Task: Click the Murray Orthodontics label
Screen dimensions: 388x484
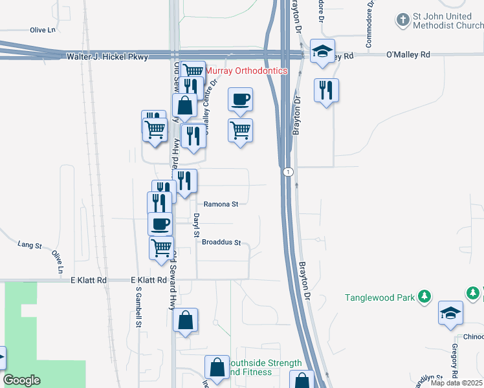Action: tap(247, 70)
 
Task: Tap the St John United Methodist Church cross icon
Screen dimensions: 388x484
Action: tap(402, 19)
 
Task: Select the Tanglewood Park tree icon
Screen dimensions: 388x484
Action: tap(424, 297)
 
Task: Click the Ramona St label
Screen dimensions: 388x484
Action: tap(221, 204)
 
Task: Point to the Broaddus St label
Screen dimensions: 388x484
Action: tap(221, 243)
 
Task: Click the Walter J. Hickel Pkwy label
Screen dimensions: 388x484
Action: tap(107, 57)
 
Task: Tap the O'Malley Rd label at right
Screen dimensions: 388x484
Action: tap(408, 56)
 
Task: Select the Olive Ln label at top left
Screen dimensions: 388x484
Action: tap(43, 30)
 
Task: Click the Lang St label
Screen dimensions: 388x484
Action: tap(30, 246)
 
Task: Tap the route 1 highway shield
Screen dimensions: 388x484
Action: tap(287, 172)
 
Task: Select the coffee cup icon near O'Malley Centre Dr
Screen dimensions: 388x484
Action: tap(240, 99)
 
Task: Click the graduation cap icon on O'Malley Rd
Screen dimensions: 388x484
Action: tap(322, 50)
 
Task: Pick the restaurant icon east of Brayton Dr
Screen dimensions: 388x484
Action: tap(325, 89)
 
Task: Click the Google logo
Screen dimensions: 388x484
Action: tap(21, 380)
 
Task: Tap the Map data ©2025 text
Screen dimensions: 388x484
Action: tap(456, 383)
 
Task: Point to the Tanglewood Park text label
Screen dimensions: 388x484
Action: tap(379, 297)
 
